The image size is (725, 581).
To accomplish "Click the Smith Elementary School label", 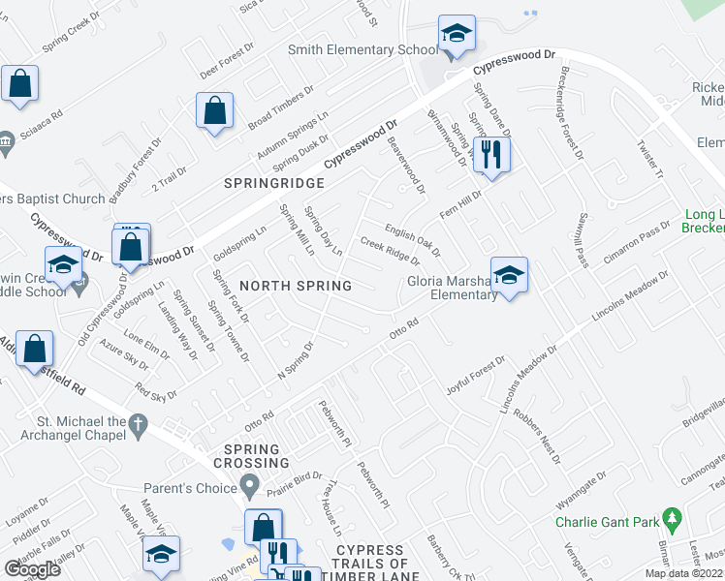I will pyautogui.click(x=362, y=50).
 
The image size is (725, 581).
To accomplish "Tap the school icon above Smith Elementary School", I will pyautogui.click(x=456, y=33).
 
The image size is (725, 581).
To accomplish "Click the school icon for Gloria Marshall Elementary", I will pyautogui.click(x=508, y=275).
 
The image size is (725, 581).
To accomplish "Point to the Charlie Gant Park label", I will pyautogui.click(x=608, y=522).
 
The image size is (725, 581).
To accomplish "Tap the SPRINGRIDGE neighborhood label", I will pyautogui.click(x=272, y=182).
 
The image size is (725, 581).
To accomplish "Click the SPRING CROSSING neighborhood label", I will pyautogui.click(x=252, y=457).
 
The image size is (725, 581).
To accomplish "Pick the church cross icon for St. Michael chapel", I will pyautogui.click(x=139, y=422).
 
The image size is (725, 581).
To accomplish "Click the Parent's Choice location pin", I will pyautogui.click(x=250, y=485).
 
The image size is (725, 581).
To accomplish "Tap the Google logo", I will pyautogui.click(x=32, y=568).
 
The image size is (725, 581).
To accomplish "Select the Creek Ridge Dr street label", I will pyautogui.click(x=390, y=251).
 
